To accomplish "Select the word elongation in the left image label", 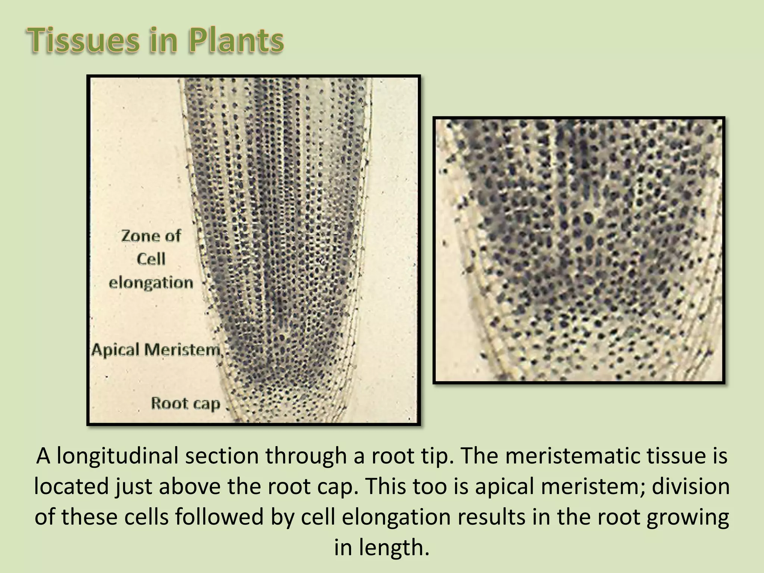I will pos(151,283).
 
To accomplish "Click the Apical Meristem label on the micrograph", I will pos(156,350).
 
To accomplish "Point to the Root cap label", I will pos(185,403).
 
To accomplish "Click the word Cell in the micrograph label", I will pos(151,259).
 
